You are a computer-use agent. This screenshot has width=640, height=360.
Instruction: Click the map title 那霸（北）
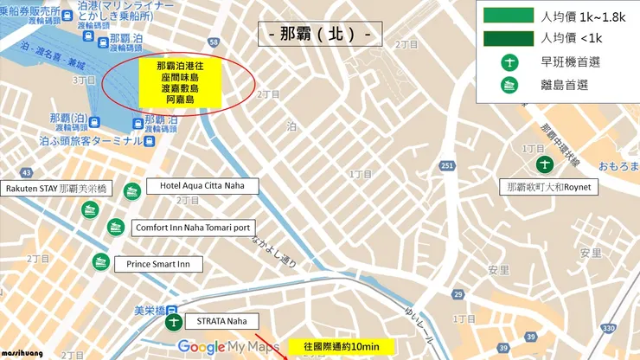tap(320, 36)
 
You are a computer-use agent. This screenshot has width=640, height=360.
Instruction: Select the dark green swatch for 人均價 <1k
tap(506, 37)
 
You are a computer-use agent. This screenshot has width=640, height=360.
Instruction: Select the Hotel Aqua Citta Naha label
tap(196, 185)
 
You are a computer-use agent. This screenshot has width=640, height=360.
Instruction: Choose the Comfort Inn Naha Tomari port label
tap(193, 228)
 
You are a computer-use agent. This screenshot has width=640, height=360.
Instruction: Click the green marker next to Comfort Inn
tap(115, 227)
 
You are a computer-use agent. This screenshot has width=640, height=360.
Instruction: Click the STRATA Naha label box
tap(221, 321)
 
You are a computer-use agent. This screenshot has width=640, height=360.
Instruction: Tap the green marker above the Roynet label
tap(545, 164)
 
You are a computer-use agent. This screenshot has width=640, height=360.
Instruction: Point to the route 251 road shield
tap(445, 165)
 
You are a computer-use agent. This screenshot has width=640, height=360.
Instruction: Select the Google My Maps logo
tap(228, 347)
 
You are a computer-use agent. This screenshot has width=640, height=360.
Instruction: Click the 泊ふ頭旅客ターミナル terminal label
tap(91, 140)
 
